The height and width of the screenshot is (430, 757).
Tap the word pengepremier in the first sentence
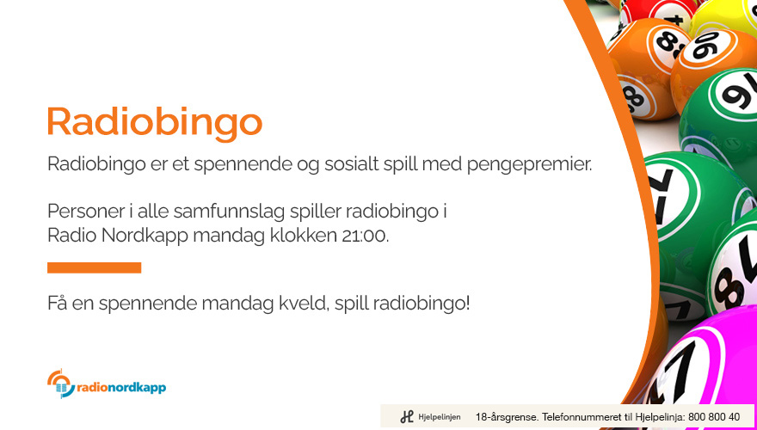pos(529,165)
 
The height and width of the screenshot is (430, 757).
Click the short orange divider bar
pos(94,267)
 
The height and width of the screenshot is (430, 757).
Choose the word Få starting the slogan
pos(58,304)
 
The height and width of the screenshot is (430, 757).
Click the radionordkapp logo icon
pos(61,384)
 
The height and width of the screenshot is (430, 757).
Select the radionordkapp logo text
pos(121,388)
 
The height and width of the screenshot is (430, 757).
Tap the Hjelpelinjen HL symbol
pos(407,416)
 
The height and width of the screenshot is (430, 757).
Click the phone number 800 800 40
pos(713,416)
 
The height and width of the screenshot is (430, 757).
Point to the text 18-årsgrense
pos(506,416)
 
